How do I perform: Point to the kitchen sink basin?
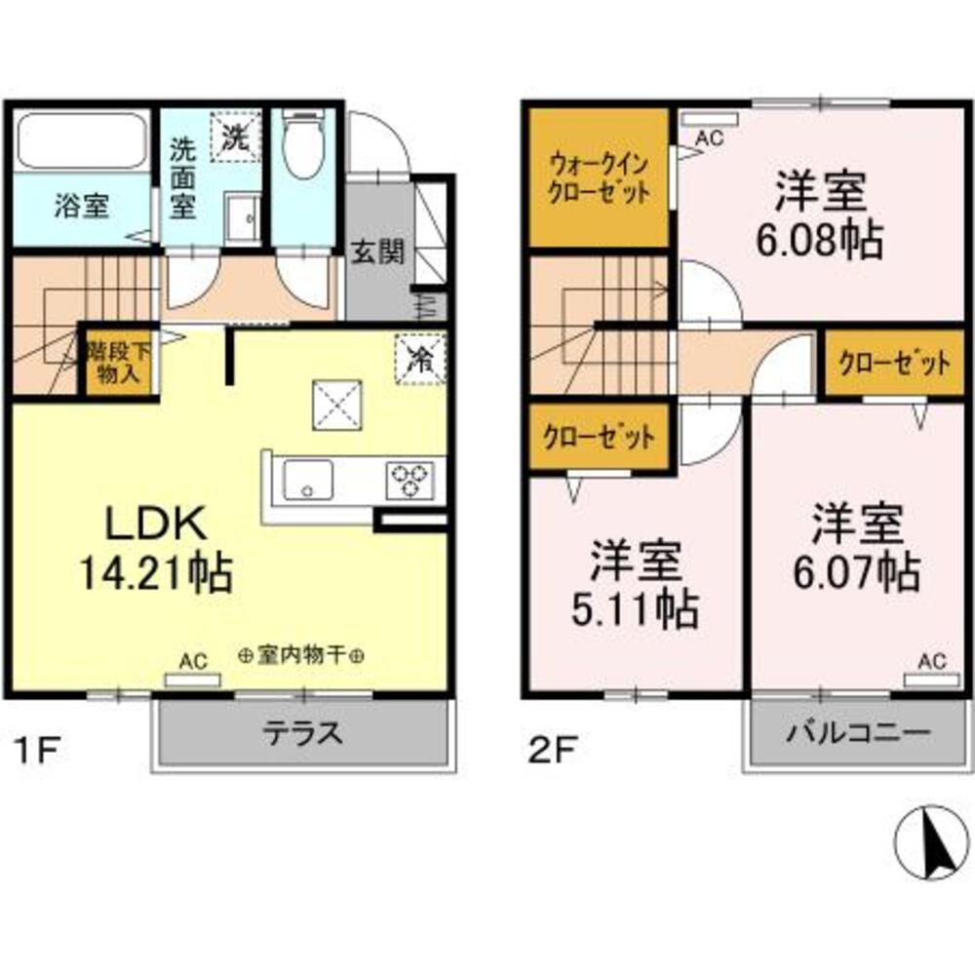coord(308,480)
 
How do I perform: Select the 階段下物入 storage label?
coord(114,361)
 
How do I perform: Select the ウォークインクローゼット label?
coord(599,177)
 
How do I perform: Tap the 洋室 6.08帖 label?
coord(820,214)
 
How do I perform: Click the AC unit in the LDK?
coord(192,678)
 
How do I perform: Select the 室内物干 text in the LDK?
coord(302,656)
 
